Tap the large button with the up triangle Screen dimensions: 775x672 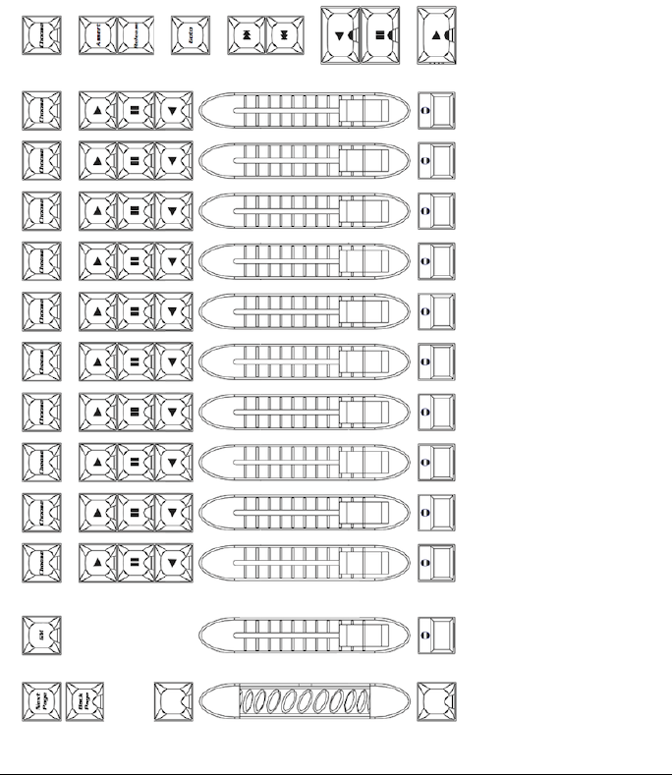pos(437,35)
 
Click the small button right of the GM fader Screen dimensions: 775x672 pos(437,636)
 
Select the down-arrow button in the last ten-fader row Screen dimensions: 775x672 pos(173,563)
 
